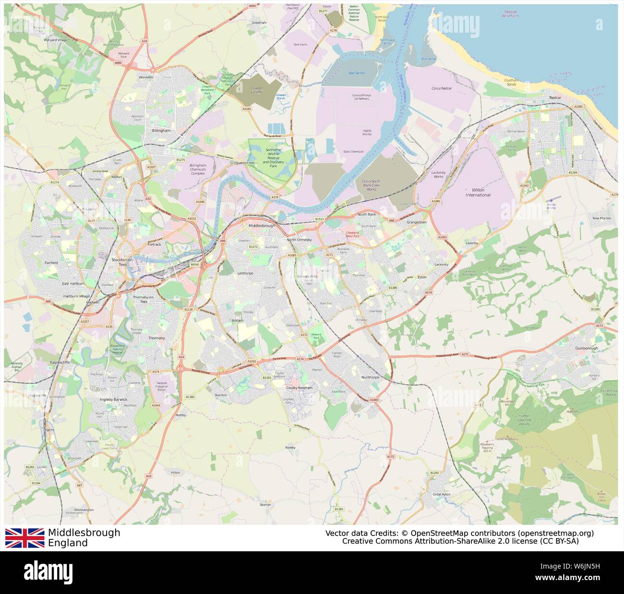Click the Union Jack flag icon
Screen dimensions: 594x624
coord(24,538)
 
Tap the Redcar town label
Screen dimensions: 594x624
coord(555,98)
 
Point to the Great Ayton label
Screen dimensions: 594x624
coord(441,494)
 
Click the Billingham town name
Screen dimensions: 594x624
coord(161,131)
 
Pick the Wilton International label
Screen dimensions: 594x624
coord(478,192)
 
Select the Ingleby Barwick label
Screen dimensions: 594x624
coord(113,399)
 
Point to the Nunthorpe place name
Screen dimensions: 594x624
coord(370,377)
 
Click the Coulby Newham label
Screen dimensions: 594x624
coord(299,388)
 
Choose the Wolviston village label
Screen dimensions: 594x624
coord(145,77)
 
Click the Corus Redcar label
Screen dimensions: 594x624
coord(441,88)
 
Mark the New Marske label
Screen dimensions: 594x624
coord(601,218)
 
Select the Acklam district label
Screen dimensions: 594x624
coord(237,321)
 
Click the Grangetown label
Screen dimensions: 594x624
coord(416,223)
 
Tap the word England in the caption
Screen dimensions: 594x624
coord(68,543)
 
